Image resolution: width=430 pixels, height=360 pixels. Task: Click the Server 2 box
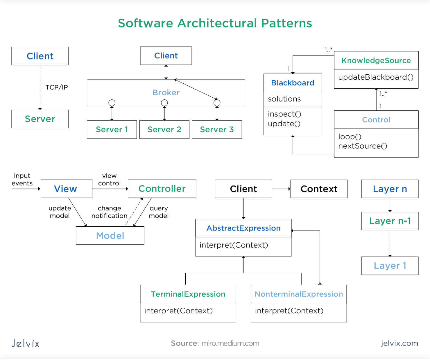click(x=164, y=130)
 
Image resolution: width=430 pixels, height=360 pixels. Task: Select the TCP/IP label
click(x=56, y=87)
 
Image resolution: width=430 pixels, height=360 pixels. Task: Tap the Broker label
click(x=166, y=92)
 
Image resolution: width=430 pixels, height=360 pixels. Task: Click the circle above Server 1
click(x=112, y=103)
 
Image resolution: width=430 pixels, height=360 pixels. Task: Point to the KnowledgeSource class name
click(x=376, y=60)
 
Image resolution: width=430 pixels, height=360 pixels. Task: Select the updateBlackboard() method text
click(x=376, y=77)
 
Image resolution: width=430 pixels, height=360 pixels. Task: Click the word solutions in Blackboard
click(x=284, y=99)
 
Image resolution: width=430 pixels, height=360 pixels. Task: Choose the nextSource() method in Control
click(x=363, y=146)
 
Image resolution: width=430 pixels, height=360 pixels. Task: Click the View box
click(x=66, y=189)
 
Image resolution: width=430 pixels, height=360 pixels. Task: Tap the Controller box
click(x=162, y=189)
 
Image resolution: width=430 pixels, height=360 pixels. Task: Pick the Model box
click(x=110, y=236)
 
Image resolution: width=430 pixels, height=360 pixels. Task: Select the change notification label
click(x=109, y=212)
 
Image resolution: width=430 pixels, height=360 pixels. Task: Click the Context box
click(x=319, y=189)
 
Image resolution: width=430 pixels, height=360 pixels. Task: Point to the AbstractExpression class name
click(x=243, y=228)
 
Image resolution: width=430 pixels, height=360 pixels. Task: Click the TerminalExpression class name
click(x=188, y=294)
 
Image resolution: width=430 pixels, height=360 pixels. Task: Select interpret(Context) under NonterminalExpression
click(x=289, y=311)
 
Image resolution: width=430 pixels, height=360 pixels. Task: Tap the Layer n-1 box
click(x=390, y=221)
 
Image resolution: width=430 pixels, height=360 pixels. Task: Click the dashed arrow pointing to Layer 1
click(x=390, y=243)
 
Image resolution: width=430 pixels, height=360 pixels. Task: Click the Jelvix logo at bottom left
click(x=25, y=343)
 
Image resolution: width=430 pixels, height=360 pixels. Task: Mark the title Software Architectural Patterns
click(x=215, y=23)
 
